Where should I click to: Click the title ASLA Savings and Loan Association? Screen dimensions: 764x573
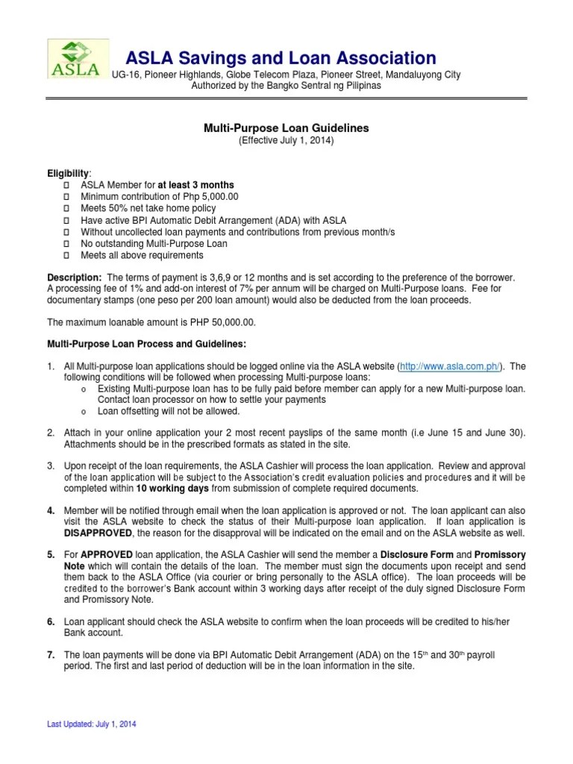coord(280,57)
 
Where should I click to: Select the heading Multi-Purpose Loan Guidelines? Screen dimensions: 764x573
coord(286,128)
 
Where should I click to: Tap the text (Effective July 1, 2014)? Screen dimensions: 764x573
coord(286,140)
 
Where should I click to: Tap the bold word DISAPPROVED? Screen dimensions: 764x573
coord(97,533)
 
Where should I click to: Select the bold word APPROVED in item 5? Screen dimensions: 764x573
coord(105,555)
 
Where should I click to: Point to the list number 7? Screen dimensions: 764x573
coord(51,654)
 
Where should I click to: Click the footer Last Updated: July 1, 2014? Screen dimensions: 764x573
coord(92,724)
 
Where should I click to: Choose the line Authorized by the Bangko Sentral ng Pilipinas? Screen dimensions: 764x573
coord(286,86)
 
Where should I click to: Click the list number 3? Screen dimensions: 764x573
coord(51,466)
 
